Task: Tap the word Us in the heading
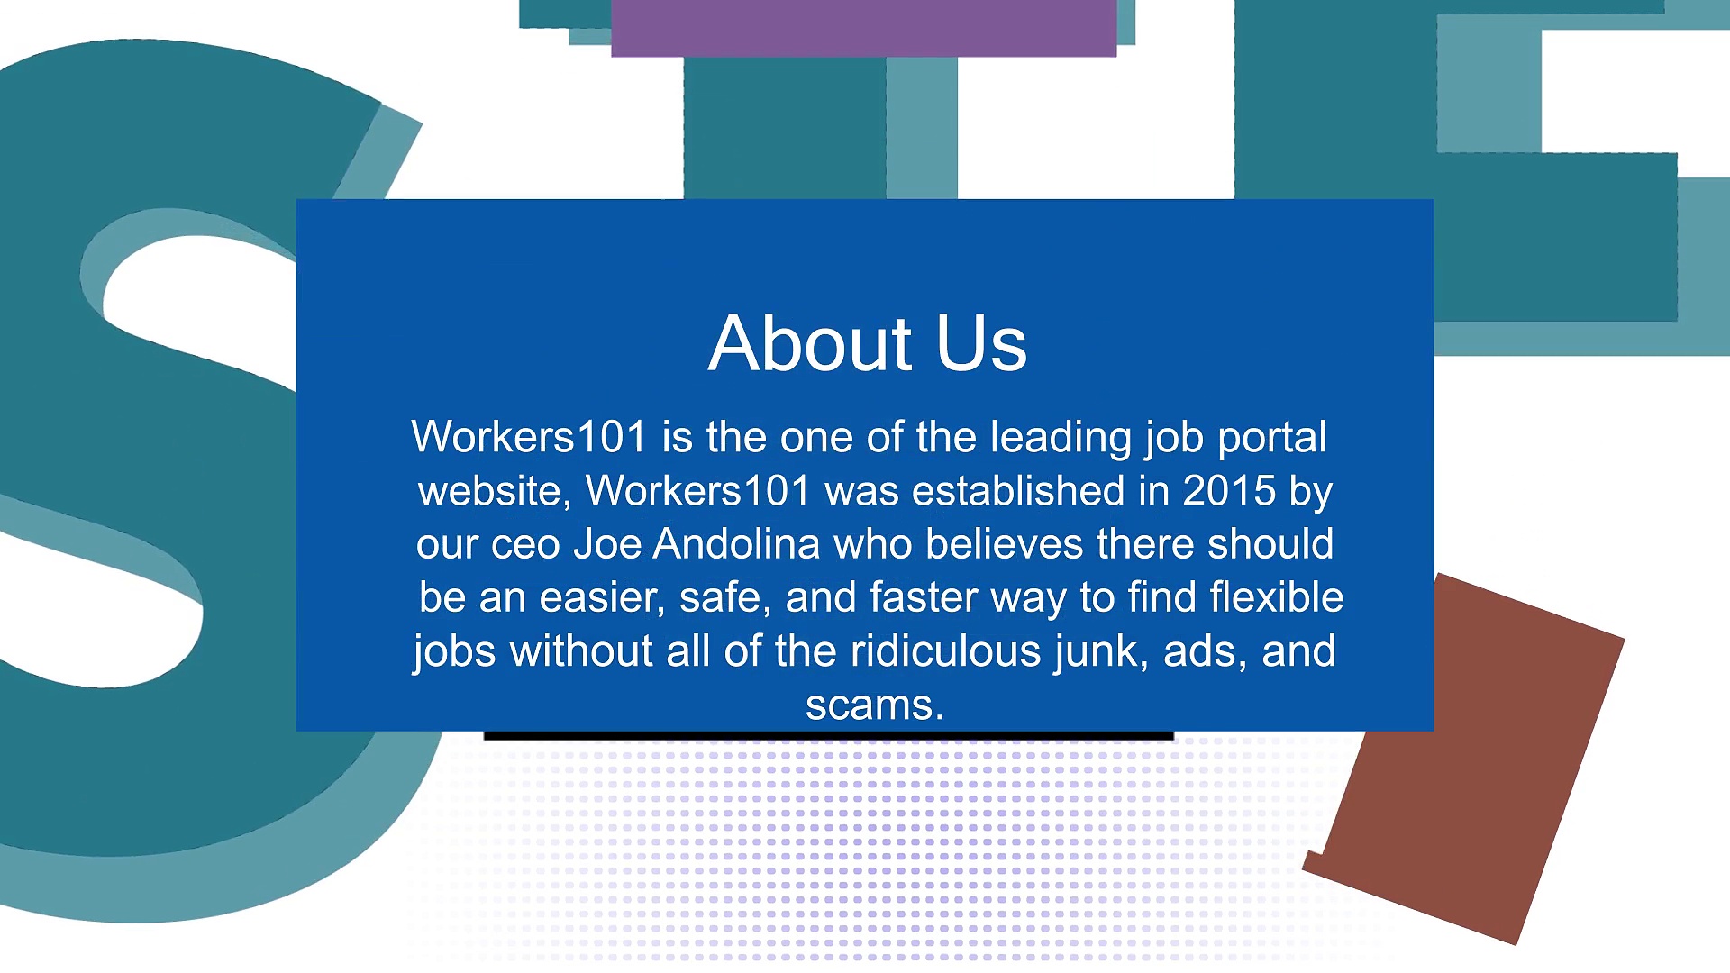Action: tap(981, 343)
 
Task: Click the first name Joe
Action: tap(607, 544)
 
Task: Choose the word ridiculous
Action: tap(945, 651)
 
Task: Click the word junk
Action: tap(1101, 651)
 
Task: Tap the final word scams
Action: tap(874, 705)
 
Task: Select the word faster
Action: tap(924, 597)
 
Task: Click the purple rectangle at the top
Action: tap(863, 27)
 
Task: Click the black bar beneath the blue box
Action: tap(829, 736)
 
